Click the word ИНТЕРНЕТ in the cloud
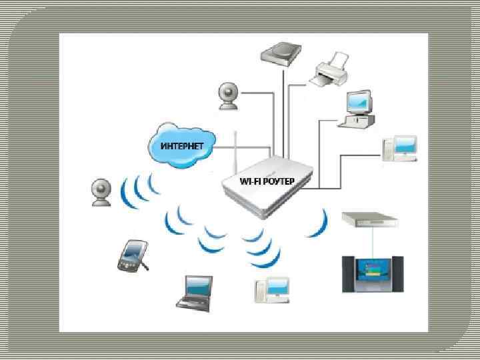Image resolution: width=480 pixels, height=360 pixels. [x=178, y=145]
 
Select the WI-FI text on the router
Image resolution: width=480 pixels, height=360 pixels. [x=251, y=181]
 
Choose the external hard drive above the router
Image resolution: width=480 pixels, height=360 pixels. [x=282, y=53]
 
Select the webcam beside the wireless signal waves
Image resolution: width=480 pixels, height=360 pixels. [x=101, y=192]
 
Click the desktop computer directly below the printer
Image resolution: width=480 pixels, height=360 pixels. [x=357, y=108]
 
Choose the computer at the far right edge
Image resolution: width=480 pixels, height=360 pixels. [x=400, y=149]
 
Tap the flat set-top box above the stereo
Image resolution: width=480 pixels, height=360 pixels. [x=369, y=219]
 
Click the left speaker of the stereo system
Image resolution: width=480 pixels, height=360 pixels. [x=349, y=273]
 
